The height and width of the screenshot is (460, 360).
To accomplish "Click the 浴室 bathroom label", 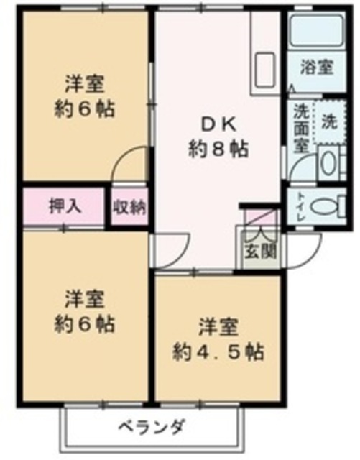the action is pyautogui.click(x=317, y=68).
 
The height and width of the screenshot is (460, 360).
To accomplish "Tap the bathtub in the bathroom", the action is pyautogui.click(x=316, y=29).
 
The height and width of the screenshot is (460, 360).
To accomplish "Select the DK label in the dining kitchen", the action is pyautogui.click(x=218, y=126).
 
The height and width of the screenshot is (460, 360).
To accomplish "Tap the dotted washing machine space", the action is pyautogui.click(x=330, y=121).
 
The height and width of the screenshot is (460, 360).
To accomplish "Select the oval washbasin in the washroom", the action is pyautogui.click(x=328, y=162).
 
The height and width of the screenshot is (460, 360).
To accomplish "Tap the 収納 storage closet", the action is pyautogui.click(x=129, y=208).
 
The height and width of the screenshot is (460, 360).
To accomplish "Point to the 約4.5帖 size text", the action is pyautogui.click(x=218, y=351).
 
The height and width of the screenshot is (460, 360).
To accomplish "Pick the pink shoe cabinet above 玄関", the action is pyautogui.click(x=260, y=217).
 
